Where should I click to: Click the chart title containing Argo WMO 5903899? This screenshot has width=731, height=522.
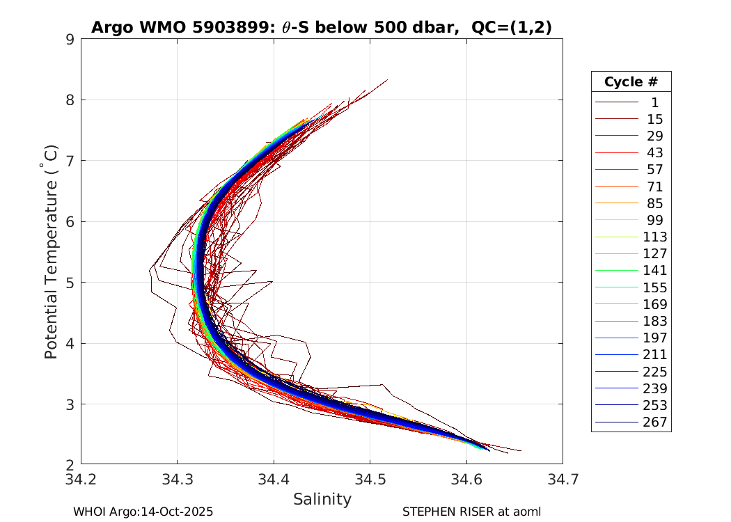pos(322,27)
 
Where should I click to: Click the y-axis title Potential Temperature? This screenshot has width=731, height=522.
pos(51,252)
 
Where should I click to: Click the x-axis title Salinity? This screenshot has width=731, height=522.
pos(322,499)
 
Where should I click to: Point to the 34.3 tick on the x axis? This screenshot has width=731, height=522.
pos(177,479)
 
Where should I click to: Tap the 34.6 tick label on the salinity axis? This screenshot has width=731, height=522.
pos(466,479)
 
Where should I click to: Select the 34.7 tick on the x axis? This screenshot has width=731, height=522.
pos(562,479)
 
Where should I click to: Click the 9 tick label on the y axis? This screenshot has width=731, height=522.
pos(70,39)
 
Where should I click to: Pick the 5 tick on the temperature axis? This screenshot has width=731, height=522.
pos(70,283)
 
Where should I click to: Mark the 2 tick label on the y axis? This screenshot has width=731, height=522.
pos(70,465)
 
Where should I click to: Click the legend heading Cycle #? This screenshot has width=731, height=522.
pos(631,81)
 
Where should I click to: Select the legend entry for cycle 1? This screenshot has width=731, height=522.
pos(654,102)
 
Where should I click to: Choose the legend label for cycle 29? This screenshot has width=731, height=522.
pos(654,136)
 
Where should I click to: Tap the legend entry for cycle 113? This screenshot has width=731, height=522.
pos(654,237)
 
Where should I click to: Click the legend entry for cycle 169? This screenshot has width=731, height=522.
pos(654,304)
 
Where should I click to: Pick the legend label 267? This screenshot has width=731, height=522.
pos(654,422)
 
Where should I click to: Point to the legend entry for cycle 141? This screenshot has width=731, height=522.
pos(654,271)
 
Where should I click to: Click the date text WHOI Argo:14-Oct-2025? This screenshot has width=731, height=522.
pos(143,512)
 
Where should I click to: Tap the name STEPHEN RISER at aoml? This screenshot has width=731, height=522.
pos(471,512)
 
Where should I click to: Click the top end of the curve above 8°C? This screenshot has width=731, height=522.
pos(387,80)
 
